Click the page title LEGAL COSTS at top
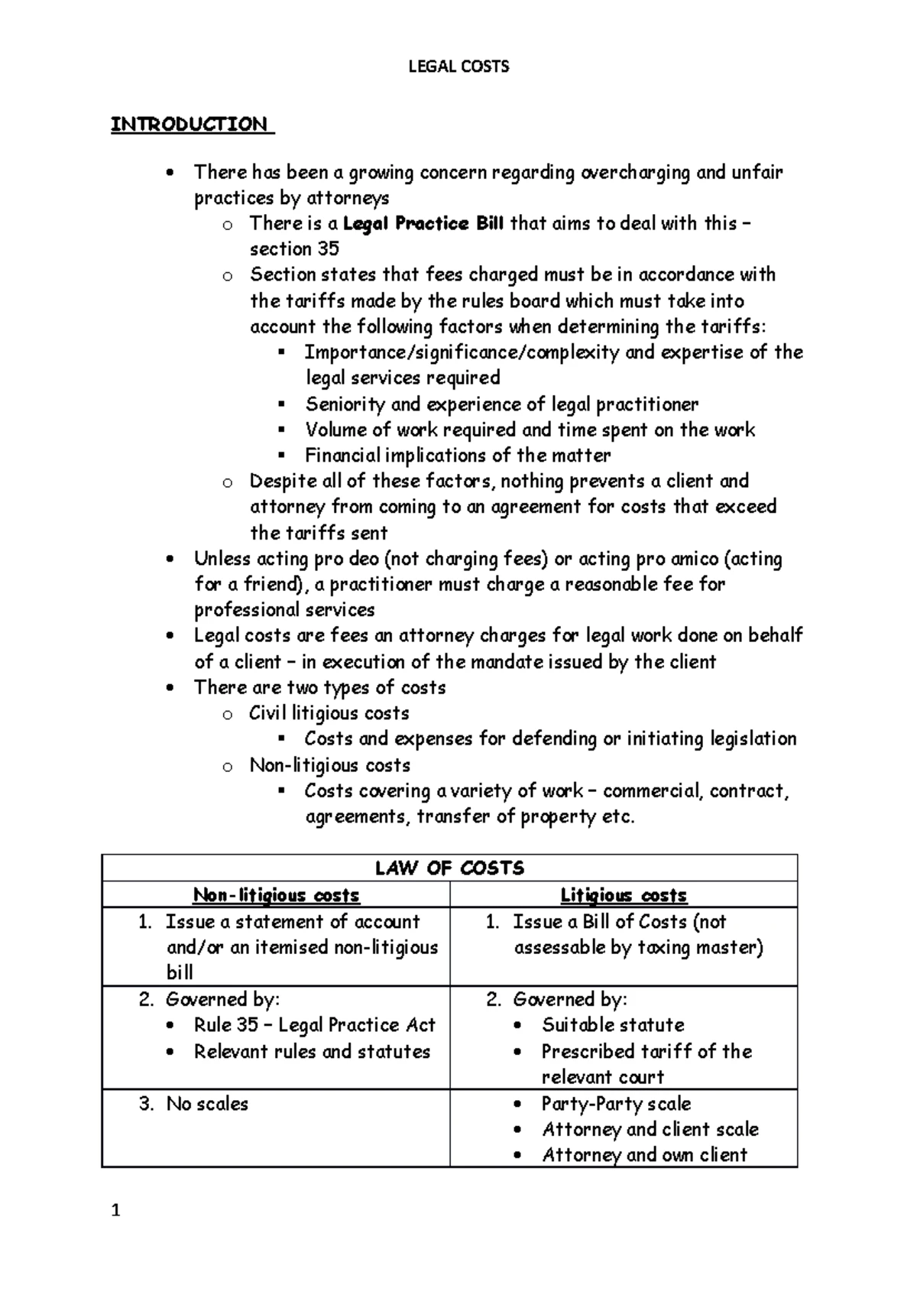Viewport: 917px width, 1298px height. [x=458, y=67]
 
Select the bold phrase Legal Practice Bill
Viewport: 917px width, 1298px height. [x=423, y=224]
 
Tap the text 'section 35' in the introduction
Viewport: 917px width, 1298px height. [x=294, y=249]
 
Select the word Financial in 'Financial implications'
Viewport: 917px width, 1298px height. [x=342, y=456]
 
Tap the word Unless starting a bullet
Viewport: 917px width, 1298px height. [x=222, y=559]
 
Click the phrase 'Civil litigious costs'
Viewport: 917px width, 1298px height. [x=329, y=713]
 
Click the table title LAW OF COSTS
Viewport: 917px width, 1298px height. [x=449, y=868]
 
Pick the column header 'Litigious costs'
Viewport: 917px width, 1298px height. [x=624, y=895]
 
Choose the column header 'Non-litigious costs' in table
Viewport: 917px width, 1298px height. [x=276, y=895]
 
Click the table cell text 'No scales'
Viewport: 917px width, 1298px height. [x=207, y=1104]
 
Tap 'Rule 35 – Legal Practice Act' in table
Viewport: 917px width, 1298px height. [x=314, y=1025]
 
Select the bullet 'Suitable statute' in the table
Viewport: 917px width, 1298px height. [x=613, y=1025]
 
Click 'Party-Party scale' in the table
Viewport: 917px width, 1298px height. [x=616, y=1104]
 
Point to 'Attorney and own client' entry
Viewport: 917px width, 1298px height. [x=644, y=1155]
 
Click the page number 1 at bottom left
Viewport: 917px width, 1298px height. [x=115, y=1211]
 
